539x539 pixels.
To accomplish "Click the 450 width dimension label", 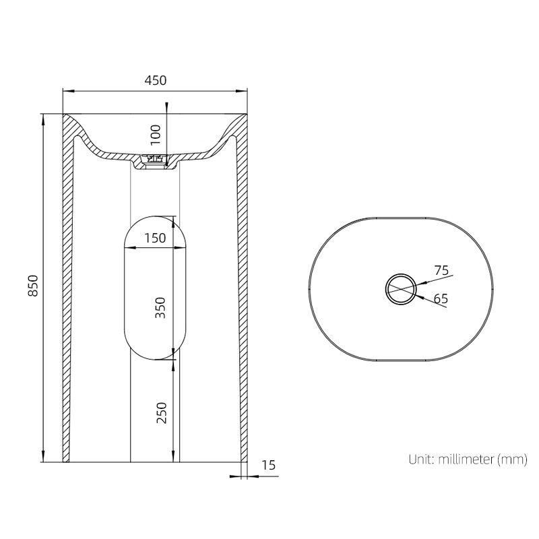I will [x=155, y=80].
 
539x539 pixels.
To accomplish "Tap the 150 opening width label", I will [x=155, y=238].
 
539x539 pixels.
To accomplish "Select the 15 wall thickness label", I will [x=268, y=464].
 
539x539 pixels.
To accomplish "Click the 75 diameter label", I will [x=441, y=270].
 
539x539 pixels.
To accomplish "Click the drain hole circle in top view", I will [x=402, y=290].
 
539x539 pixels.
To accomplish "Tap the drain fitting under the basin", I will [x=156, y=161].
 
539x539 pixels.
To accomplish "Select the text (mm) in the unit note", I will [x=512, y=460].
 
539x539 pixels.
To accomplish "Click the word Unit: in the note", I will [x=422, y=460].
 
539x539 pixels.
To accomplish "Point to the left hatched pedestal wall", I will [x=68, y=290].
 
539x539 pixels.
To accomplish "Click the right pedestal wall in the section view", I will [x=241, y=290].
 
